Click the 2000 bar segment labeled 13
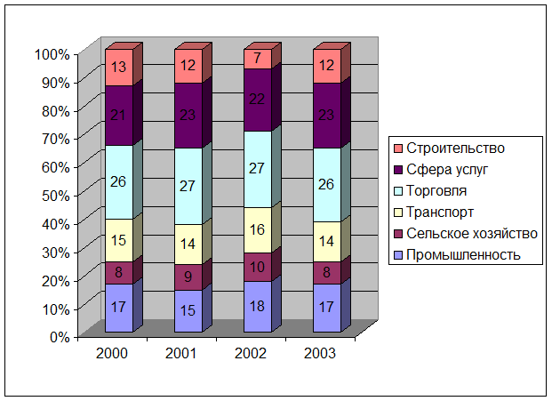(118, 68)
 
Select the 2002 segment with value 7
(257, 59)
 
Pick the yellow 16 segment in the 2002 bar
(257, 229)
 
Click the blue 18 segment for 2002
(257, 307)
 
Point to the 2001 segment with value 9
(188, 277)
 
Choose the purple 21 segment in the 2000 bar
(118, 116)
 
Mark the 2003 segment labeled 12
(326, 66)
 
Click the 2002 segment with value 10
(257, 267)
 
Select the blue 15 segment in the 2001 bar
(188, 311)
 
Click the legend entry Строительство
(455, 148)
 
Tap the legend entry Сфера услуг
(450, 170)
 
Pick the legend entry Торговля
(442, 191)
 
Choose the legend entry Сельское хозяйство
(472, 234)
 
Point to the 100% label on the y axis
(52, 54)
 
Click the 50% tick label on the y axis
(55, 195)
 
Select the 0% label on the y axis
(59, 336)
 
